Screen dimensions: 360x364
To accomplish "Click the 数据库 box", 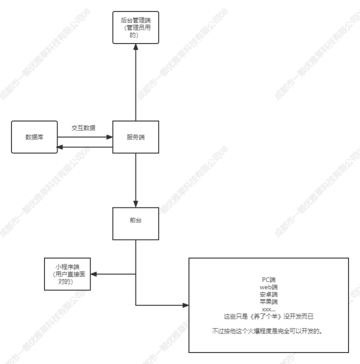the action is pyautogui.click(x=34, y=136).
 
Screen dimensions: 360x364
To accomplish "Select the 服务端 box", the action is pyautogui.click(x=135, y=136).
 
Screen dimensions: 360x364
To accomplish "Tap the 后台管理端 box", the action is pyautogui.click(x=135, y=27).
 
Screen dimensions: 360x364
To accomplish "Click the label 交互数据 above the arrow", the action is pyautogui.click(x=83, y=128).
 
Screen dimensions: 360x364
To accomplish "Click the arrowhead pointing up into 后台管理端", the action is pyautogui.click(x=135, y=48).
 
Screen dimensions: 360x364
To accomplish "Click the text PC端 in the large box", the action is pyautogui.click(x=268, y=280).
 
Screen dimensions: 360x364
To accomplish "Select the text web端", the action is pyautogui.click(x=268, y=287).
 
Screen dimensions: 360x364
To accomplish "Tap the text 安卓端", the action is pyautogui.click(x=268, y=294).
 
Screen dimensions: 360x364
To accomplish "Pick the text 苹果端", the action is pyautogui.click(x=268, y=302).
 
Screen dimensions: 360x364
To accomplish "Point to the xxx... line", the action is pyautogui.click(x=268, y=309).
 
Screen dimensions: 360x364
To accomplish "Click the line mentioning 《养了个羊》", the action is pyautogui.click(x=268, y=316).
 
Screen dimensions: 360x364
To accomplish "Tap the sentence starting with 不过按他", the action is pyautogui.click(x=268, y=331).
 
